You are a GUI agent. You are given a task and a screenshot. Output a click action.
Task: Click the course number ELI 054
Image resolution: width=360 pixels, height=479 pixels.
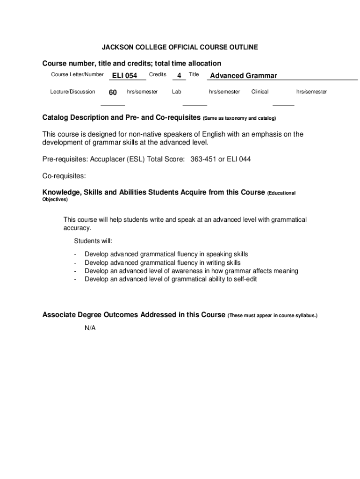124,76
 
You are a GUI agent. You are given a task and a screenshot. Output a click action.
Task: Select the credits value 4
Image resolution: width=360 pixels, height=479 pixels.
179,76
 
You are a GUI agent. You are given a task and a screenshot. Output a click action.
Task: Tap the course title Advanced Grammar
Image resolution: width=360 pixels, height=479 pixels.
244,76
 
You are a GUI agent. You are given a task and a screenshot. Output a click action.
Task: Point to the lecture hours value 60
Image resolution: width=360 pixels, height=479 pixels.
113,93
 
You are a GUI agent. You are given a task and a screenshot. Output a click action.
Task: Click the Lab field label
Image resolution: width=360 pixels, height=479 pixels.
176,92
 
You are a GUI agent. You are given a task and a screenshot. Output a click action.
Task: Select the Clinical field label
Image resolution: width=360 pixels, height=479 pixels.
259,92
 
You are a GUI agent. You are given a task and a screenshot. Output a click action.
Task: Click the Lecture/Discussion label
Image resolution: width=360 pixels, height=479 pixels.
72,92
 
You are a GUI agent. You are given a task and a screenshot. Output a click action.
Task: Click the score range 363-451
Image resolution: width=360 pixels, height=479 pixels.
203,159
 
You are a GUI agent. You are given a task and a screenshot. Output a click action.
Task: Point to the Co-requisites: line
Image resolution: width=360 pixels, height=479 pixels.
64,176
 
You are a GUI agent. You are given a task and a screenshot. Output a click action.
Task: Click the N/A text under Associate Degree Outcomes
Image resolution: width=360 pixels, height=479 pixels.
90,328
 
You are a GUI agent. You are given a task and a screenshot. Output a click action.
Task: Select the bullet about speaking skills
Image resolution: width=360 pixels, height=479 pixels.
166,254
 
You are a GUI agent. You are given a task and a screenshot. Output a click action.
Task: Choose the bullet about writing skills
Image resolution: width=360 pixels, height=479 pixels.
162,262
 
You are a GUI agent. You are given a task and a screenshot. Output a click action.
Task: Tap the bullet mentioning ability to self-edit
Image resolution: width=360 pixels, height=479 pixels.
171,279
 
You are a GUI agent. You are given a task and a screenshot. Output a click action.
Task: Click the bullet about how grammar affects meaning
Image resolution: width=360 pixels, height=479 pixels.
191,271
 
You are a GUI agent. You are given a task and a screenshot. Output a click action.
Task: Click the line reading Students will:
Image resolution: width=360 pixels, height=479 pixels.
93,241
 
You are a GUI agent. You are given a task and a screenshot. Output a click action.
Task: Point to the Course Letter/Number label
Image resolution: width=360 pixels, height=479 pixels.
77,75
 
